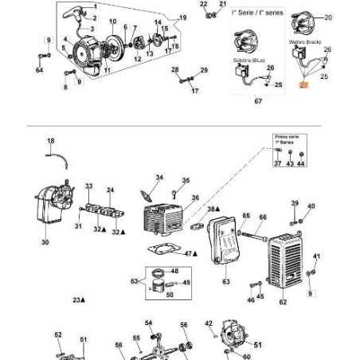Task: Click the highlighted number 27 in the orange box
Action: (303, 83)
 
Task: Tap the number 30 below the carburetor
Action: (45, 242)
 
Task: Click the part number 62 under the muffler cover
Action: (282, 303)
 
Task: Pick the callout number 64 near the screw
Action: (39, 71)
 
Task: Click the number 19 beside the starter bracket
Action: (182, 17)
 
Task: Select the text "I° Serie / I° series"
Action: (252, 15)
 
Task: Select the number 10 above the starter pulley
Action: (112, 21)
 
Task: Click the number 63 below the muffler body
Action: (225, 281)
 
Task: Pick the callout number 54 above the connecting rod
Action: (148, 323)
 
